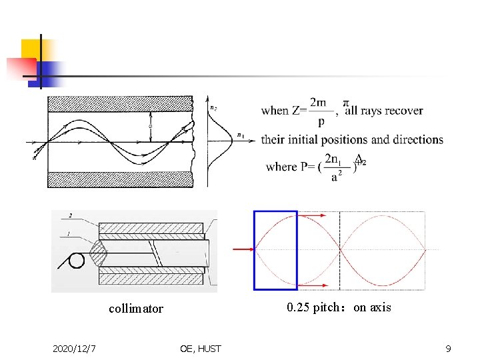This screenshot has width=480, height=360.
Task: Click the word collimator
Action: click(x=136, y=309)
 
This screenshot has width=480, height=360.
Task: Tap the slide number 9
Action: click(x=449, y=349)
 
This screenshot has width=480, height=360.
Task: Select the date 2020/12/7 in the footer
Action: click(x=75, y=349)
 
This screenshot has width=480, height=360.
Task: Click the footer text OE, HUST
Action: click(x=201, y=349)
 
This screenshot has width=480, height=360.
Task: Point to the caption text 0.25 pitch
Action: click(x=312, y=307)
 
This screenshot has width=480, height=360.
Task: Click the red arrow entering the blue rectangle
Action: click(x=243, y=249)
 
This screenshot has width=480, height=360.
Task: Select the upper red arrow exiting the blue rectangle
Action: click(x=312, y=215)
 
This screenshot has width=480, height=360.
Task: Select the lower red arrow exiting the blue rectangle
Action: click(x=312, y=285)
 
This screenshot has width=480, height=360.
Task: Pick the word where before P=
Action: click(x=281, y=167)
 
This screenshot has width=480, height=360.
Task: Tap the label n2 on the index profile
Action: click(x=213, y=107)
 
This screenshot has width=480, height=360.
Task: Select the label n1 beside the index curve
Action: click(x=240, y=136)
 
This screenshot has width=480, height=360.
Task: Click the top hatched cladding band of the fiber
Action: click(x=120, y=103)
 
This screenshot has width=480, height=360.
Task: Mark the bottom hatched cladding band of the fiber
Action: click(x=120, y=179)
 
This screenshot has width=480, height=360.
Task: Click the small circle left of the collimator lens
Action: click(x=77, y=260)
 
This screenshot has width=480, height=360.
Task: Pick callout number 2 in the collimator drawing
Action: click(x=70, y=215)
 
